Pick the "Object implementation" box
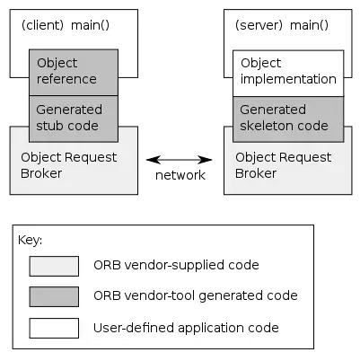click(x=288, y=72)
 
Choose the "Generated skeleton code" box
click(x=288, y=118)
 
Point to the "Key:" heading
click(x=30, y=240)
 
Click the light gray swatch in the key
click(x=54, y=266)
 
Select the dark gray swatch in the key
click(x=54, y=295)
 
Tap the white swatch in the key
click(x=54, y=328)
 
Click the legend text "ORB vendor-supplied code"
click(x=176, y=266)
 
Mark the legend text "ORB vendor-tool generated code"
click(x=195, y=295)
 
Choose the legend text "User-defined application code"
click(x=186, y=328)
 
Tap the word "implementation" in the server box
click(x=288, y=79)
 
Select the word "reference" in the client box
click(x=66, y=79)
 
